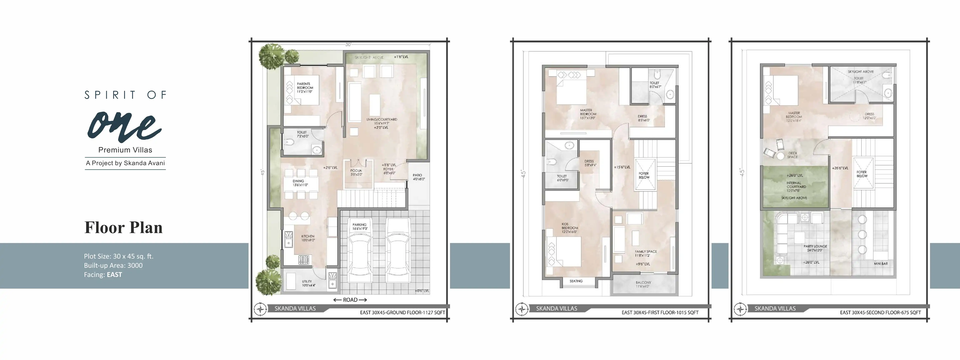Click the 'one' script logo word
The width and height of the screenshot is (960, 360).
click(x=124, y=127)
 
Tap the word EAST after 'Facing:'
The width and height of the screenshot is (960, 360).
click(x=114, y=275)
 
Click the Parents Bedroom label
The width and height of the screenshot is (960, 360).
click(x=304, y=87)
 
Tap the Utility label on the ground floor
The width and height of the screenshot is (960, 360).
click(x=308, y=284)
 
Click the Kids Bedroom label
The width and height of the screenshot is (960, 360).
click(x=570, y=228)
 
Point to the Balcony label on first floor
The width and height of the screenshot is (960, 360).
click(x=643, y=284)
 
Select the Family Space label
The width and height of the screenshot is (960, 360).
click(x=646, y=253)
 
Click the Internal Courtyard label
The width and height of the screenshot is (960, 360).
click(x=796, y=187)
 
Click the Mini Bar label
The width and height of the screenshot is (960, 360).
click(x=881, y=264)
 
